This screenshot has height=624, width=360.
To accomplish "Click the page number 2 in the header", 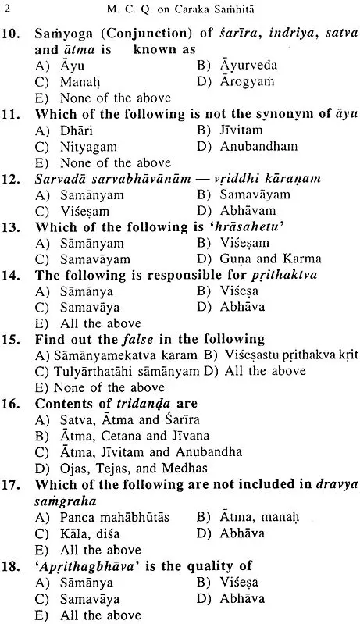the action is pyautogui.click(x=8, y=10).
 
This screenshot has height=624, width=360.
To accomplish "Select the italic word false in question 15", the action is pyautogui.click(x=164, y=341).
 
